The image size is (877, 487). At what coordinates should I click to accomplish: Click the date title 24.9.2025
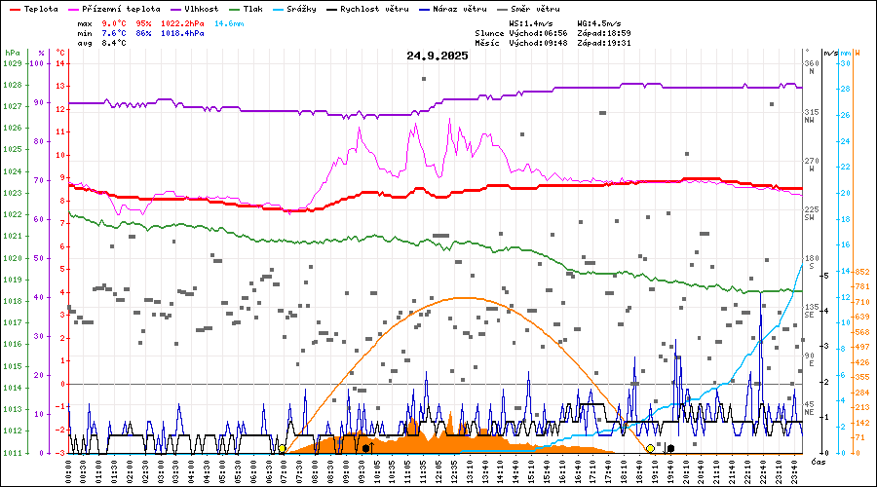click(x=438, y=56)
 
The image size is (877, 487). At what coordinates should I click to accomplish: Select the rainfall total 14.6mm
click(x=230, y=22)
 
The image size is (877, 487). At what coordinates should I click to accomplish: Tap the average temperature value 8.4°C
click(x=114, y=43)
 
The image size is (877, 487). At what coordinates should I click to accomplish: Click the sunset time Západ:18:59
click(x=604, y=32)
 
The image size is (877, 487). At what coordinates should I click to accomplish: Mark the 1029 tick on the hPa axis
click(x=12, y=63)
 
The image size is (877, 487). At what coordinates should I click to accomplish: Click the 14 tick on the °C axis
click(x=60, y=63)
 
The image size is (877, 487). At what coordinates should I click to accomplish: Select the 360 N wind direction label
click(x=811, y=68)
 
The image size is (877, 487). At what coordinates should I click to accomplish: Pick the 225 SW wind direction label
click(x=810, y=213)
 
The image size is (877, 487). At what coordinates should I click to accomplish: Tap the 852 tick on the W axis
click(x=861, y=272)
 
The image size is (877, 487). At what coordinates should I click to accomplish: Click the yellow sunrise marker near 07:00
click(x=283, y=449)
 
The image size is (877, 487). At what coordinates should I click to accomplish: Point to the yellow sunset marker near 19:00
click(x=650, y=449)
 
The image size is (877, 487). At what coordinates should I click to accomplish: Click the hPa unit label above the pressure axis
click(x=12, y=52)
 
